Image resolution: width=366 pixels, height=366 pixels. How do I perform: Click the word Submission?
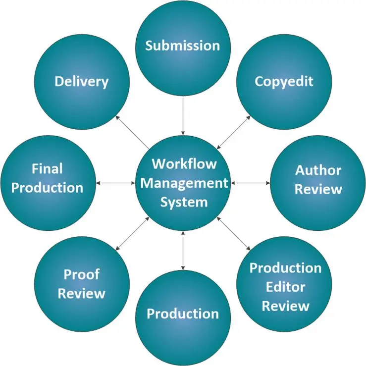[x=182, y=46]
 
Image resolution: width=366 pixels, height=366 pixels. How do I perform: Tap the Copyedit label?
[x=284, y=81]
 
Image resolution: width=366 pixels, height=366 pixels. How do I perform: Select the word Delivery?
[x=81, y=81]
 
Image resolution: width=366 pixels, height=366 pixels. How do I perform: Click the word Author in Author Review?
[x=318, y=170]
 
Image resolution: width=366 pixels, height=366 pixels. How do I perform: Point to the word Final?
[x=47, y=169]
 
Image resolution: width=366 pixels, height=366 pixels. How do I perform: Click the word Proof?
[x=82, y=274]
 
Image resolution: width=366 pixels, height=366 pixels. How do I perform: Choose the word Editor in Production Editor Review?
[x=285, y=287]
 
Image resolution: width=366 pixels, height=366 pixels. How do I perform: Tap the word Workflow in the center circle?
[x=184, y=163]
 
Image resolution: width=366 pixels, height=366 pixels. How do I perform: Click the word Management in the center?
[x=184, y=183]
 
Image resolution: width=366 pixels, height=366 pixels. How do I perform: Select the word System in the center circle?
[x=184, y=202]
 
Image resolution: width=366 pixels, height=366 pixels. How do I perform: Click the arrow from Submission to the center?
[x=183, y=115]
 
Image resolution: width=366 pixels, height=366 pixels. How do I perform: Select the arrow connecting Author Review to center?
[x=250, y=183]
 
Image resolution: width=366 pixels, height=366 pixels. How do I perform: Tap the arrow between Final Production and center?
[x=115, y=183]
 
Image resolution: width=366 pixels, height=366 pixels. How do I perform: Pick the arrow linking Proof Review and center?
[x=132, y=233]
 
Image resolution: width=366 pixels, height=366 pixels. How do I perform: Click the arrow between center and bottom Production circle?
[x=183, y=250]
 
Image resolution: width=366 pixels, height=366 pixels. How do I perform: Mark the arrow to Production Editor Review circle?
[x=234, y=233]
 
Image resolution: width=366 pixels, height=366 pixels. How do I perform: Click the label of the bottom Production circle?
[x=182, y=314]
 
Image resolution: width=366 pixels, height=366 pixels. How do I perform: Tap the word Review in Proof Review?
[x=82, y=293]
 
